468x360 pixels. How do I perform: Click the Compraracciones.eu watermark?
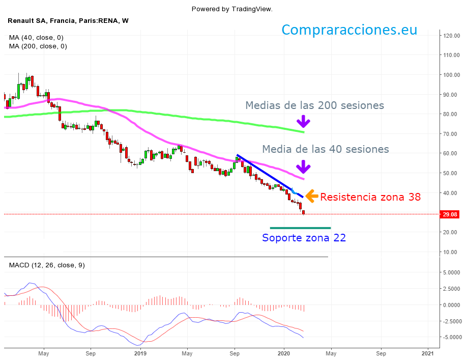[x=349, y=30]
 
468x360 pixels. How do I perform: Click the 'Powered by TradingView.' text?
[x=232, y=9]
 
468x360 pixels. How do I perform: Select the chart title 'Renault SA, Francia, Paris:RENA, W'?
[x=68, y=21]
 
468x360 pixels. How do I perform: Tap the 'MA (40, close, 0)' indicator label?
[x=36, y=38]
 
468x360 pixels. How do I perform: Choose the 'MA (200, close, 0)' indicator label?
[x=38, y=46]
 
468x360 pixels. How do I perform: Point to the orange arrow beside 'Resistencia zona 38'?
[x=312, y=196]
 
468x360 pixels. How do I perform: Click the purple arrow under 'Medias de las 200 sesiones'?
[x=303, y=121]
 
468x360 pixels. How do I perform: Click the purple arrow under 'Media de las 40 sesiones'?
[x=303, y=167]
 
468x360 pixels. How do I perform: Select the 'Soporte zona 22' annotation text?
[x=304, y=238]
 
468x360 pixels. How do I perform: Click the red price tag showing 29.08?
[x=450, y=214]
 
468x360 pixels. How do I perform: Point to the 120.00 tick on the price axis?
[x=451, y=36]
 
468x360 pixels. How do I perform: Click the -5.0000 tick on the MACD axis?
[x=451, y=337]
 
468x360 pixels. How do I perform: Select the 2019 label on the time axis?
[x=140, y=352]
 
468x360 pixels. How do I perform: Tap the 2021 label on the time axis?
[x=428, y=352]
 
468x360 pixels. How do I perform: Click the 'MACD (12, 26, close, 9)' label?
[x=47, y=265]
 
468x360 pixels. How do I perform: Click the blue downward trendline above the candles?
[x=270, y=176]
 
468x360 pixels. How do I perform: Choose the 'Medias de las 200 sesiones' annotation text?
[x=314, y=105]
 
